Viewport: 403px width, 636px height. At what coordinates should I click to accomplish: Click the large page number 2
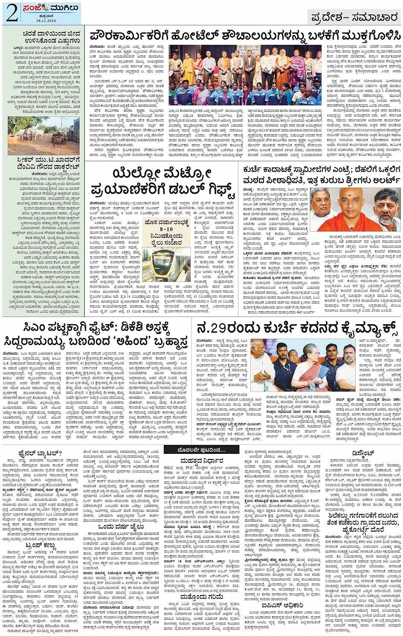pos(12,14)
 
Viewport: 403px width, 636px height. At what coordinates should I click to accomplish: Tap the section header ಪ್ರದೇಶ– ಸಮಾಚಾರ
pos(354,17)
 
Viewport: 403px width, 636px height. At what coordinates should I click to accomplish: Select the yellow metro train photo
pos(168,264)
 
